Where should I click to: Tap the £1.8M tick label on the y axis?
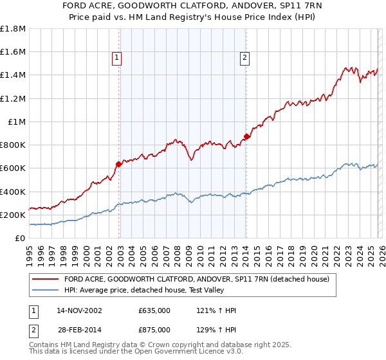[x=13, y=29]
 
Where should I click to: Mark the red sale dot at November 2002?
[x=119, y=164]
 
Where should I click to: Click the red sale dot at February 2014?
[x=247, y=136]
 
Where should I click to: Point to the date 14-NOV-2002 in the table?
[x=79, y=310]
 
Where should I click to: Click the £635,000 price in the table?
[x=154, y=310]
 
